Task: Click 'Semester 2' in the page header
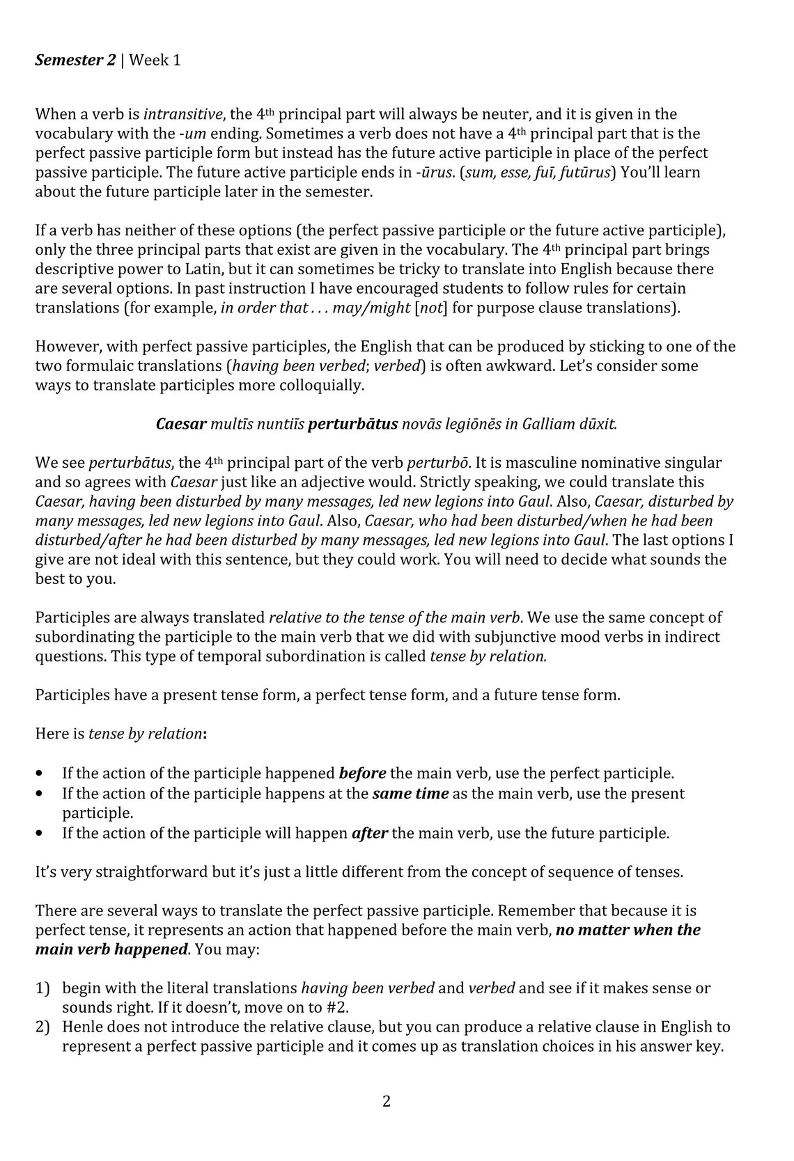click(75, 60)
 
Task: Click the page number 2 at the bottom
click(387, 1101)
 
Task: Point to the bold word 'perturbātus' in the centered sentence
click(352, 423)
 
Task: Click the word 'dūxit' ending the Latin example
click(598, 423)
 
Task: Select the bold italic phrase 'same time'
click(410, 793)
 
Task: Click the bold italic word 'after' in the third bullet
click(369, 832)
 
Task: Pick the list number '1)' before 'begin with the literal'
click(42, 987)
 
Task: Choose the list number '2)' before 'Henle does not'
click(42, 1026)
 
